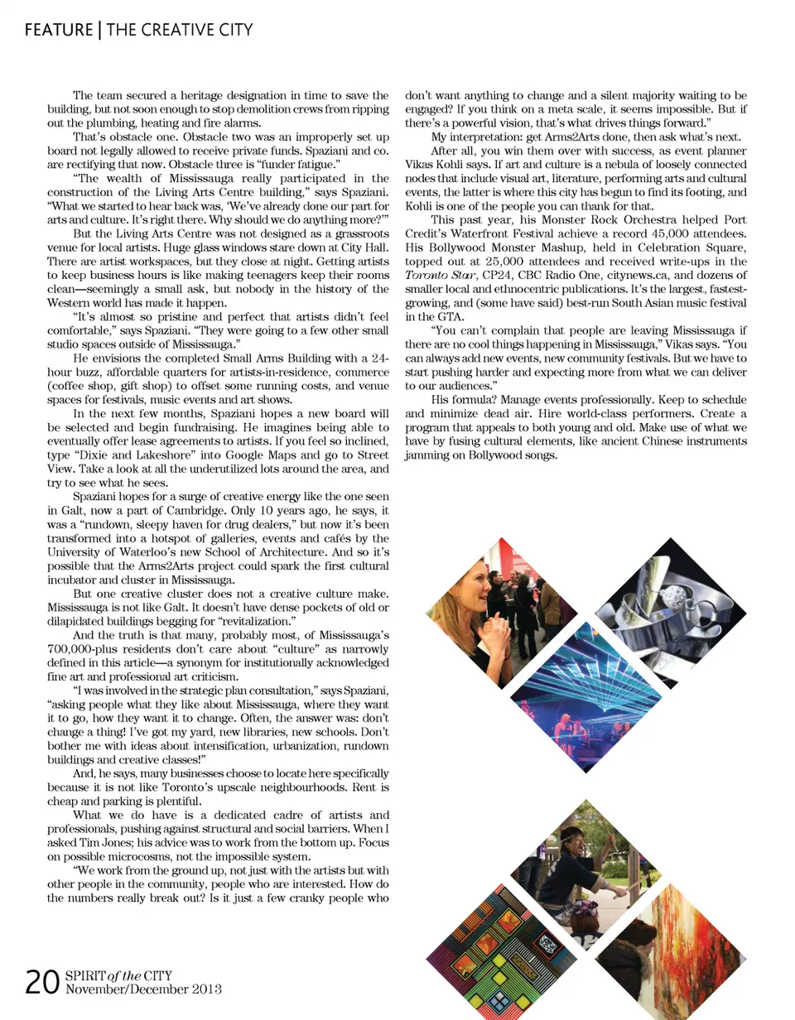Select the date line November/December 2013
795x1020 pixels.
click(x=143, y=989)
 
